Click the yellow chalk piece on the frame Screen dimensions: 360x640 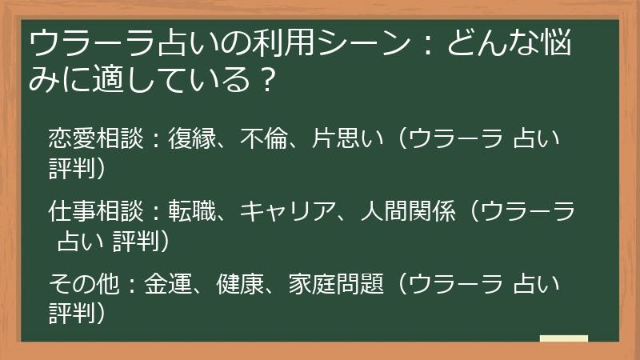click(563, 338)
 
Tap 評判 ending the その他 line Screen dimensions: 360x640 click(72, 310)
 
